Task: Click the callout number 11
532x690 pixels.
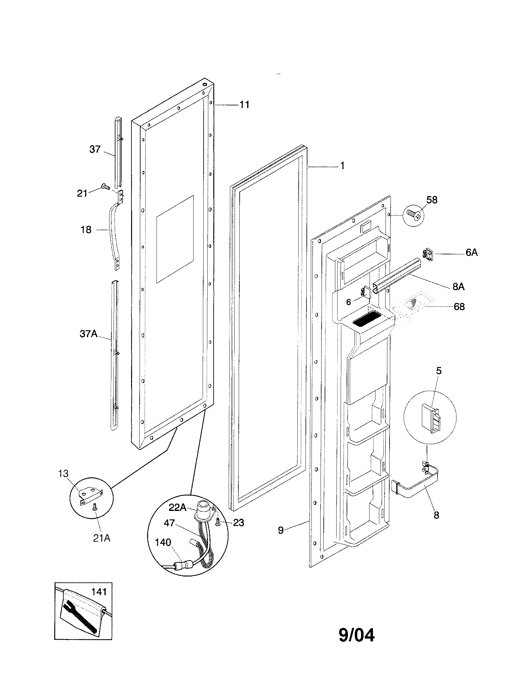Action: pyautogui.click(x=244, y=104)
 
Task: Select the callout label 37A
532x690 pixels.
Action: pyautogui.click(x=88, y=334)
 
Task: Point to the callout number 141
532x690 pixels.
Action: pyautogui.click(x=99, y=592)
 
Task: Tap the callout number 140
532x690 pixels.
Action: pyautogui.click(x=163, y=543)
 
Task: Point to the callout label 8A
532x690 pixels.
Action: pyautogui.click(x=458, y=287)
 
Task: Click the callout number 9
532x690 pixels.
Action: pyautogui.click(x=281, y=530)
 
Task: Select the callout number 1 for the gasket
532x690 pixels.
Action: pyautogui.click(x=343, y=166)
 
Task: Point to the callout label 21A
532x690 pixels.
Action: pyautogui.click(x=101, y=538)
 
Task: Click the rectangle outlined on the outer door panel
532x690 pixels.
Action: pyautogui.click(x=175, y=239)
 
